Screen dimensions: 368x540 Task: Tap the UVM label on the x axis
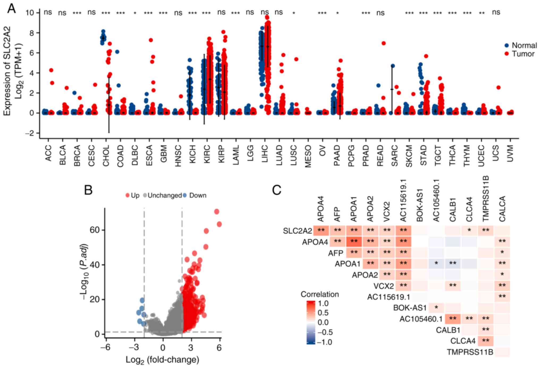point(511,153)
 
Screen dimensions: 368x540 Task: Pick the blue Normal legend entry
point(521,45)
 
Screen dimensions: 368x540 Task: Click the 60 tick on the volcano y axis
point(94,230)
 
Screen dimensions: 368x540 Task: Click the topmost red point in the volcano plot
point(217,212)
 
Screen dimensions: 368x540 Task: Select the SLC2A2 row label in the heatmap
point(297,231)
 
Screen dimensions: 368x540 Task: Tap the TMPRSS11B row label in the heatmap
point(470,352)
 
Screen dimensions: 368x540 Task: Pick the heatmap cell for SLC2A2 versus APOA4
point(321,231)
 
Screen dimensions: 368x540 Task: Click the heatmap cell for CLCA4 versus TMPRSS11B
point(485,341)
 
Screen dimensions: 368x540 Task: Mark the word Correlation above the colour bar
point(320,294)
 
